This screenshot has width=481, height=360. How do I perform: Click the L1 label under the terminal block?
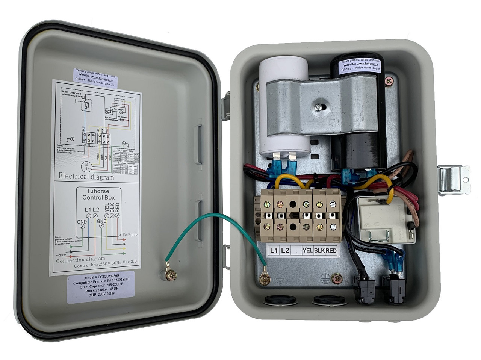[274, 250]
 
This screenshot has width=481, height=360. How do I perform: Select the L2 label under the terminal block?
[286, 250]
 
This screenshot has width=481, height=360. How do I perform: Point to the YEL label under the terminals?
[308, 250]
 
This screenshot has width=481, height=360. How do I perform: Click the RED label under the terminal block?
[331, 250]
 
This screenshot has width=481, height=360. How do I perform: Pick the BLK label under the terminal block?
[319, 250]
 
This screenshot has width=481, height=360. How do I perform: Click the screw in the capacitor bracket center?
[318, 108]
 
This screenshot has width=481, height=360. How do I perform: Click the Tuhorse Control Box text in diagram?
[98, 194]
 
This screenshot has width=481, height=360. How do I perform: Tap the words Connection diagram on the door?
[80, 259]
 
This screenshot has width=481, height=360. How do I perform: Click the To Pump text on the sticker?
[130, 235]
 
